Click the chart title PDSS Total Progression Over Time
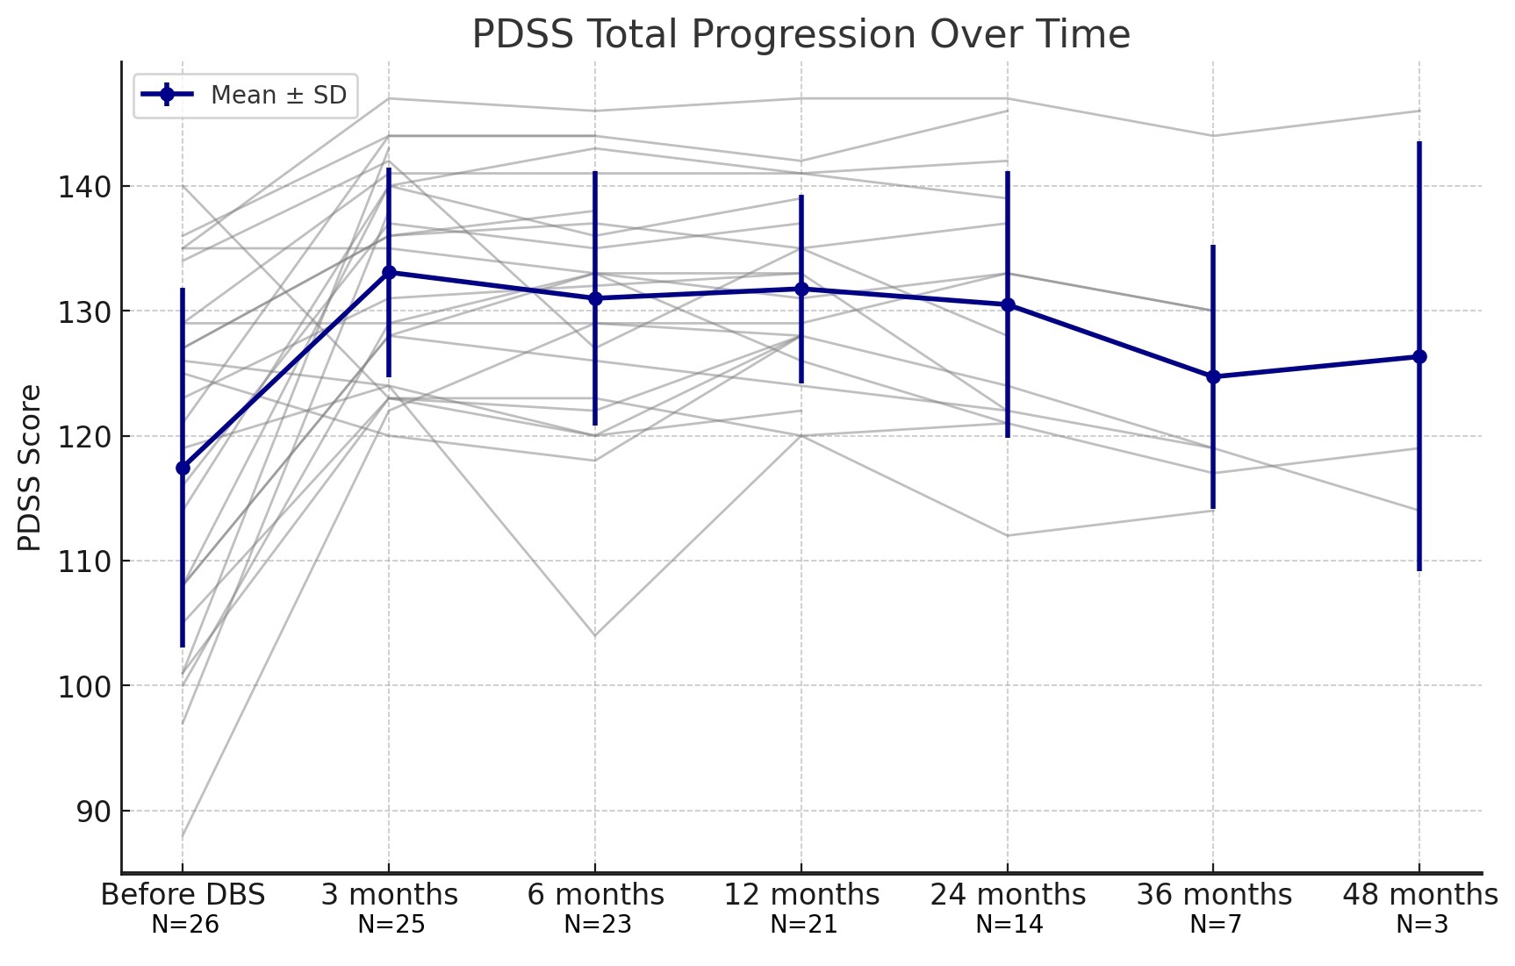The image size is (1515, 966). (801, 34)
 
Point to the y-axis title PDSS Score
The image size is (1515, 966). (30, 468)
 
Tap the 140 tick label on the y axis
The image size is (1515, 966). (84, 187)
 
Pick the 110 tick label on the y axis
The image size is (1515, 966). (84, 562)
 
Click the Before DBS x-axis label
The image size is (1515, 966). (183, 895)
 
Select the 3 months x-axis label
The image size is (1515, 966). (389, 895)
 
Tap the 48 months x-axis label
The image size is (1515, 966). (1419, 895)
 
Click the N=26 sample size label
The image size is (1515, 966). (184, 924)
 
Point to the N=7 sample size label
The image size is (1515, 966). (1215, 924)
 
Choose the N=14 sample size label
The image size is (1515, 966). (1009, 924)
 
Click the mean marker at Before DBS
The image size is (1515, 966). (183, 468)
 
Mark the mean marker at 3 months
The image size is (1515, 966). (389, 272)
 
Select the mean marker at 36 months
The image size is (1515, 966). (1213, 376)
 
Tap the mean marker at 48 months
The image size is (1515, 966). (1419, 356)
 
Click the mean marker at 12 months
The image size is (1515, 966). (801, 289)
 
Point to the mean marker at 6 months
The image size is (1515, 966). (595, 298)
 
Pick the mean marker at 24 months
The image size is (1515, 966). (1008, 304)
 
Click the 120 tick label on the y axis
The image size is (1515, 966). (84, 437)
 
